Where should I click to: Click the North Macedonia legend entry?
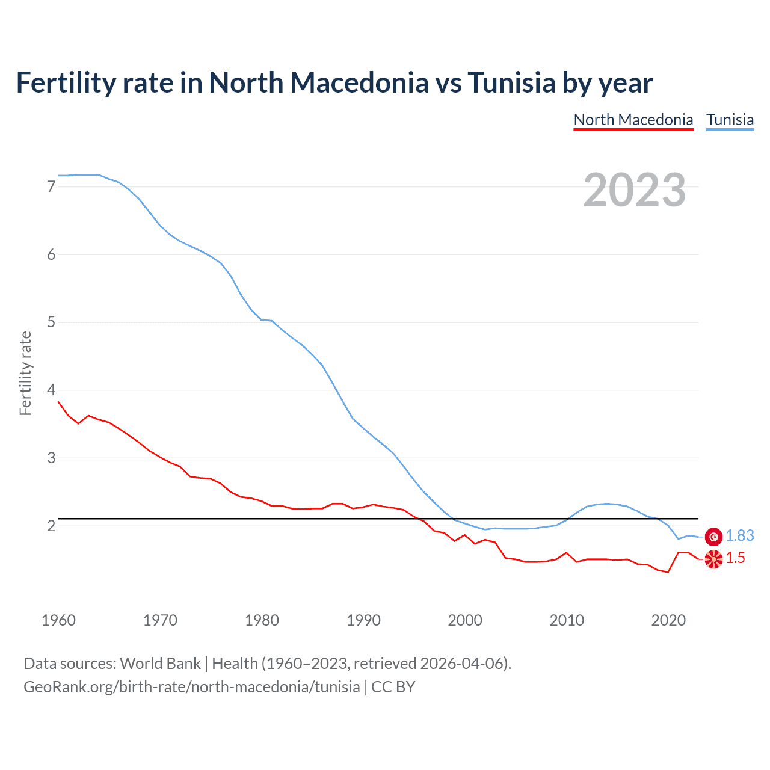(x=633, y=120)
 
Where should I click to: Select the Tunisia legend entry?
(x=730, y=120)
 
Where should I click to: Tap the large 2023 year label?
(x=635, y=190)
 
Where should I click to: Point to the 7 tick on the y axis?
(x=51, y=186)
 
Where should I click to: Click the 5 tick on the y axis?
(x=51, y=322)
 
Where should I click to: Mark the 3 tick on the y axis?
(x=51, y=458)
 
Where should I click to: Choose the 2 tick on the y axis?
(x=51, y=526)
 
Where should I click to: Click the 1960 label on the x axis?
(x=58, y=620)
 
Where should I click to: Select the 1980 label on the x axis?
(x=262, y=620)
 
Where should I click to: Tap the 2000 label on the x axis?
(x=465, y=620)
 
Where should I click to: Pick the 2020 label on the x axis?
(x=668, y=620)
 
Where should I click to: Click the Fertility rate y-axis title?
(x=25, y=373)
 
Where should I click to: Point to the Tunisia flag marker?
(x=713, y=536)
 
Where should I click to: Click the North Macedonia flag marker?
(x=713, y=559)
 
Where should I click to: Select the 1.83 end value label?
(x=739, y=535)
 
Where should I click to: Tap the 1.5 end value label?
(x=735, y=558)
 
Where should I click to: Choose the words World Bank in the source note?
(x=160, y=664)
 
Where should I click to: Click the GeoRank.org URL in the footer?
(x=191, y=687)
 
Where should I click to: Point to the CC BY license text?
(x=393, y=687)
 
